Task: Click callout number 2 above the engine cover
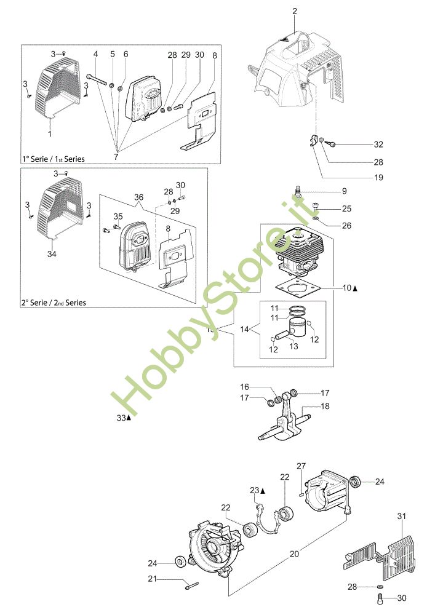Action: [294, 11]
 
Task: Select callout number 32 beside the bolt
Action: [378, 145]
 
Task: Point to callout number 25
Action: [346, 209]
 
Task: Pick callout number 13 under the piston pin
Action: [293, 347]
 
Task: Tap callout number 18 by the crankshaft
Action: [343, 407]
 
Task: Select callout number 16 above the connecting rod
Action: [244, 387]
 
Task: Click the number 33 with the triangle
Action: [121, 418]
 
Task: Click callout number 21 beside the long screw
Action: [153, 578]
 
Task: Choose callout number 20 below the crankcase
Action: [294, 553]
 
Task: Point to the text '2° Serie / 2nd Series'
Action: [54, 303]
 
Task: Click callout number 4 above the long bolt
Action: [95, 55]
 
